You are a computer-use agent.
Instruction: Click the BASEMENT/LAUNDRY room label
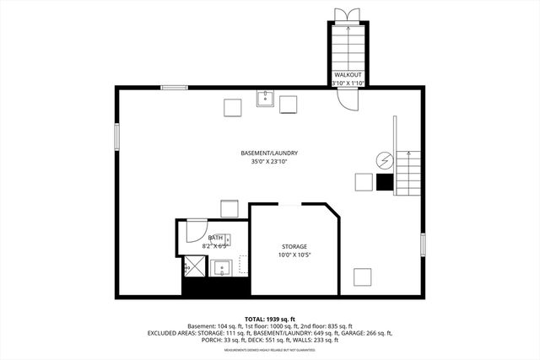click(x=269, y=153)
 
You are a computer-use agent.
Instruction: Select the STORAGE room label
click(x=294, y=246)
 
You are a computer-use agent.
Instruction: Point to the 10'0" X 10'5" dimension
click(x=294, y=255)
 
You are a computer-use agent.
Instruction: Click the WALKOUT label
click(x=348, y=75)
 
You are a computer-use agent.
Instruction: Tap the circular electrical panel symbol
click(x=385, y=159)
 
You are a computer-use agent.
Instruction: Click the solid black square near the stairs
click(x=385, y=181)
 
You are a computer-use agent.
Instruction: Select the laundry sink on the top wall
click(x=265, y=98)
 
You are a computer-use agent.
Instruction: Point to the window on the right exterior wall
click(x=423, y=244)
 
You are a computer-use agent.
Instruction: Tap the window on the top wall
click(x=175, y=86)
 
